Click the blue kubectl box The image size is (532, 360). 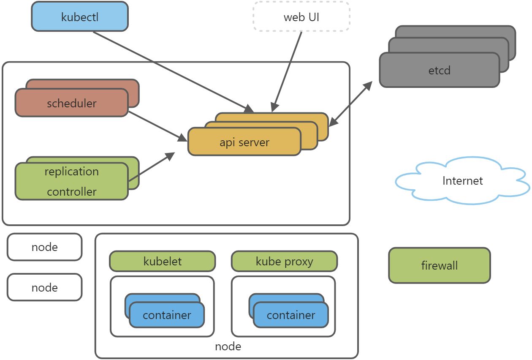coord(80,16)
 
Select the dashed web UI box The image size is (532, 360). coord(301,16)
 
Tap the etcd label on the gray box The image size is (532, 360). coord(439,70)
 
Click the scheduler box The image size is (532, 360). coord(71,103)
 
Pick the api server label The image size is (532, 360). coord(244,142)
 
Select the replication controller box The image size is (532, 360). coord(71,181)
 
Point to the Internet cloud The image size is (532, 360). coord(462,181)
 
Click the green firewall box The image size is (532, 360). coord(439,265)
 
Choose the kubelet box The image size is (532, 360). coord(162,261)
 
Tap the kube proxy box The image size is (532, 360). coord(284,261)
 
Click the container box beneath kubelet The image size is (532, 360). coord(167,315)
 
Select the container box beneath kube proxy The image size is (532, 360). coord(290,315)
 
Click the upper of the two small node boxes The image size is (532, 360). coord(44,247)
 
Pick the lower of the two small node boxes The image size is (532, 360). coord(44,287)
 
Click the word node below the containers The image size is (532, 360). coord(228,346)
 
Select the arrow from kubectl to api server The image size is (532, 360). coord(173,72)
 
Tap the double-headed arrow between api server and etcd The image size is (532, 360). coord(350,104)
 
